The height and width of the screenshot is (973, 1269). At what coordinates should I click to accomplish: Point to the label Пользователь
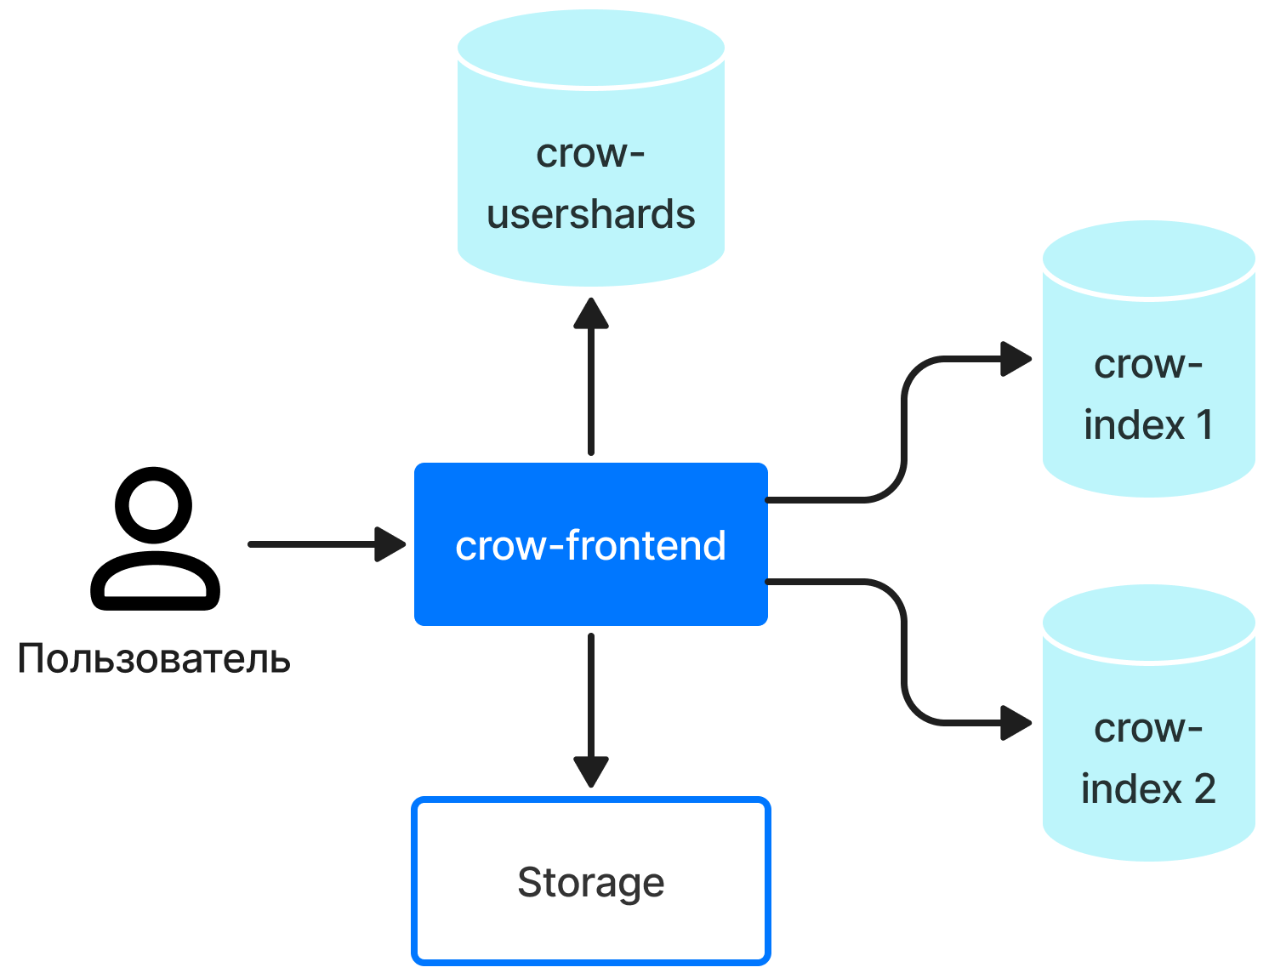[x=154, y=659]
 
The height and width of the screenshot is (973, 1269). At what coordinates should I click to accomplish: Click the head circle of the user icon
[x=154, y=505]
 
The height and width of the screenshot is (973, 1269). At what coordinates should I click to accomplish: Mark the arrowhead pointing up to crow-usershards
[x=590, y=314]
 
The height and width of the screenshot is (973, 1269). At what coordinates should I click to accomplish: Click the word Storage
[x=590, y=883]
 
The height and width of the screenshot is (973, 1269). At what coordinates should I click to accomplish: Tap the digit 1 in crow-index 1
[x=1204, y=424]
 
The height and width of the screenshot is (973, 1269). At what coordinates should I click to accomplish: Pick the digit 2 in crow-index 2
[x=1204, y=788]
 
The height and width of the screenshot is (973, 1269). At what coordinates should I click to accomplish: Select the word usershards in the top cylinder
[x=590, y=214]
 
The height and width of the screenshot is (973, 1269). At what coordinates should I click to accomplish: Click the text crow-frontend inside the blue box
[x=590, y=545]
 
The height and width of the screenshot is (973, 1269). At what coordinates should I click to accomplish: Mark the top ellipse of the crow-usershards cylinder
[x=590, y=48]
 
